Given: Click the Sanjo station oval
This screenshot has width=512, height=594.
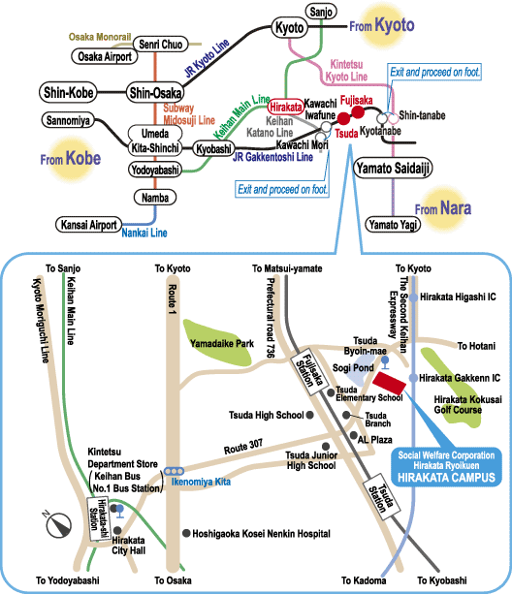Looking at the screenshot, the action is tap(321, 12).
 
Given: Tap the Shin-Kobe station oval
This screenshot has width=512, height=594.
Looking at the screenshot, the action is tap(68, 92).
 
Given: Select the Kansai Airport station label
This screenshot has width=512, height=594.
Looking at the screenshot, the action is tap(88, 225).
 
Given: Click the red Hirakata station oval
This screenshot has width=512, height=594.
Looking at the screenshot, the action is tap(285, 108).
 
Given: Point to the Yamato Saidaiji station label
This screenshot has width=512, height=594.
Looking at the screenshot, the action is tap(393, 168).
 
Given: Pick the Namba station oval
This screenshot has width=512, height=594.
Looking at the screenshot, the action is tap(155, 198).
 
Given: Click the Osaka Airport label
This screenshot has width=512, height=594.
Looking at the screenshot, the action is tap(105, 56).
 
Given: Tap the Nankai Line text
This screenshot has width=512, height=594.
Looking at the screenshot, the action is tap(144, 233).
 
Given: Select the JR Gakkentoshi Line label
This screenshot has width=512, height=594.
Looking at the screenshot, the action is tap(272, 157).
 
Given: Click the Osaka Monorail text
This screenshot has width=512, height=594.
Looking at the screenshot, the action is tap(100, 37).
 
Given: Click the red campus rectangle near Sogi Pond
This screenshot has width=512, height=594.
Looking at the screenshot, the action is tap(390, 383).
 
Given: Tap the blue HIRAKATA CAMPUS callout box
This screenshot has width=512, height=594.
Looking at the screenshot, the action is tap(446, 467).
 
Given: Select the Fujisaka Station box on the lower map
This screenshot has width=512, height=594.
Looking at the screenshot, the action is tap(309, 372).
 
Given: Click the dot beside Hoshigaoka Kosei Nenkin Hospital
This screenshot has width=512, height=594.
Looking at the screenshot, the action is tap(186, 533).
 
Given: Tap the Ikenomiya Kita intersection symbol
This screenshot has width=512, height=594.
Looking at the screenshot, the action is tap(174, 471).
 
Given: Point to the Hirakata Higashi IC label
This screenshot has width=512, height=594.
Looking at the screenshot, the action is tap(458, 297).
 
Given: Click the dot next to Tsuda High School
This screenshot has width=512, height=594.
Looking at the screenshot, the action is tap(309, 415).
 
